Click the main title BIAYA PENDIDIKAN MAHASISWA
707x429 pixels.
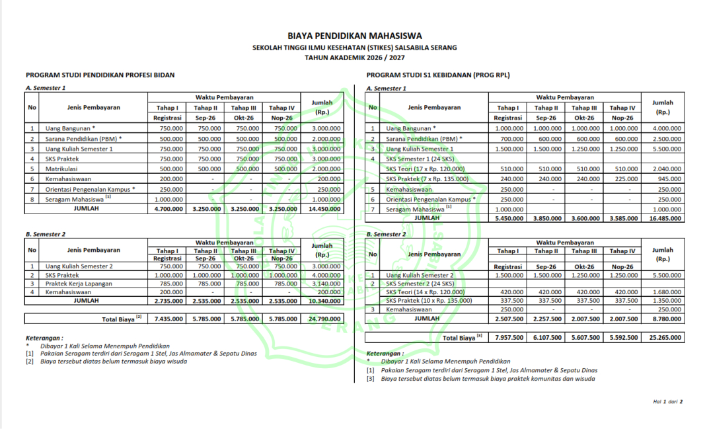pyautogui.click(x=354, y=36)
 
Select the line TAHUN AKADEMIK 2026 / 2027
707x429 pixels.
pyautogui.click(x=354, y=58)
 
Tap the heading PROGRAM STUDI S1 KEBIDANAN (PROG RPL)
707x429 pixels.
pyautogui.click(x=438, y=75)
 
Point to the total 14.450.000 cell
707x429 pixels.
pyautogui.click(x=322, y=209)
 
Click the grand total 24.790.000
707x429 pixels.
pyautogui.click(x=322, y=319)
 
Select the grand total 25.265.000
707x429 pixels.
pyautogui.click(x=663, y=338)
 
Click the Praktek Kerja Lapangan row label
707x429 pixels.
pyautogui.click(x=79, y=284)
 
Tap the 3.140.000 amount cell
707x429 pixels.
pyautogui.click(x=322, y=284)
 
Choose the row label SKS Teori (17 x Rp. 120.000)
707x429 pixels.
pyautogui.click(x=426, y=169)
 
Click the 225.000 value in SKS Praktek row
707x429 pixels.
pyautogui.click(x=622, y=178)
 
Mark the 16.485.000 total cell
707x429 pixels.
pyautogui.click(x=663, y=218)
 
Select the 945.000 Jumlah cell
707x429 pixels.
pyautogui.click(x=663, y=178)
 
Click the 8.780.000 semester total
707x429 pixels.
pyautogui.click(x=663, y=318)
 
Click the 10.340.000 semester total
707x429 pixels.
pyautogui.click(x=322, y=301)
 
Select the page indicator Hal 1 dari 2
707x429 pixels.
pyautogui.click(x=667, y=401)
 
